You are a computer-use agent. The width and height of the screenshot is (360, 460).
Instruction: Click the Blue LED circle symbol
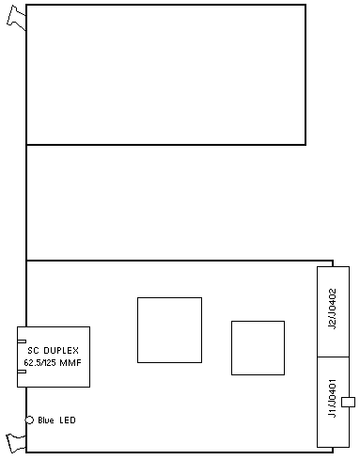point(29,420)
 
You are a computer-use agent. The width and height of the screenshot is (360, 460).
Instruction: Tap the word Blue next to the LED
point(46,420)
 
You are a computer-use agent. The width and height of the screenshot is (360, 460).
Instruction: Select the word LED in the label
point(68,420)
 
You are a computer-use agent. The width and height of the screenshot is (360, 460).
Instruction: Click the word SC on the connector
point(33,350)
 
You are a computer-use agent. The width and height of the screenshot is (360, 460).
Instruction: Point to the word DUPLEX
point(61,350)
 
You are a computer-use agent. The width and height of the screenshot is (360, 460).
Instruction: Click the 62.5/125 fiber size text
point(39,363)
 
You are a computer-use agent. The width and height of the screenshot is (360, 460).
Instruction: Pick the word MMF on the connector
point(70,363)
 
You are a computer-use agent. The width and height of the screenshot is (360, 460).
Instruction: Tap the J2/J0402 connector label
point(333,309)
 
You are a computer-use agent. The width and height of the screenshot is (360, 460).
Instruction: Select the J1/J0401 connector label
point(333,398)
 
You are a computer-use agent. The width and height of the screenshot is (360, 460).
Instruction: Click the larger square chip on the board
point(169,330)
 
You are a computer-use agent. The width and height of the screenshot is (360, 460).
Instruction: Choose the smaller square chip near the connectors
point(258,348)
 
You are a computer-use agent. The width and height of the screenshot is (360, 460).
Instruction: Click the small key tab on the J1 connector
point(348,402)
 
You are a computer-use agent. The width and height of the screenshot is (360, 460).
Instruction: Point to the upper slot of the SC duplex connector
point(22,341)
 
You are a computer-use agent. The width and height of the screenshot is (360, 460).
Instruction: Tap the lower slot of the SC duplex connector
point(22,372)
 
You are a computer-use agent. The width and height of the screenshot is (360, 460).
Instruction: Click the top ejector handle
point(16,18)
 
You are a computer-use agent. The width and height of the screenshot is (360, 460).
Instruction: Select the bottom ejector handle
point(16,443)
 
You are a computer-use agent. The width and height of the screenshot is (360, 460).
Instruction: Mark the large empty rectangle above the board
point(166,74)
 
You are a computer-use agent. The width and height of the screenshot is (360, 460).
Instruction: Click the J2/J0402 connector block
point(333,311)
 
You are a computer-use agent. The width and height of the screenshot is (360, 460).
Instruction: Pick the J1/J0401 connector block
point(333,402)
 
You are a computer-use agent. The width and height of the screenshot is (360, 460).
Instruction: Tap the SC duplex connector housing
point(54,357)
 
